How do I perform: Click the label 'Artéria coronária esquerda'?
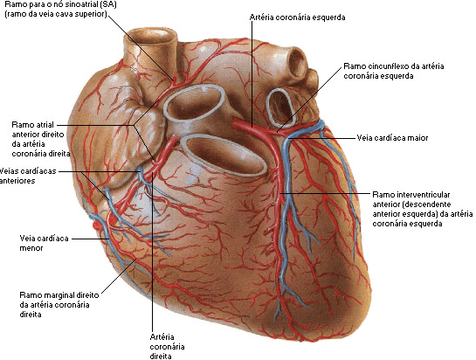297,17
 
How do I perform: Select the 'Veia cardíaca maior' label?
392,138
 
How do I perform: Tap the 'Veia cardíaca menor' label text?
44,243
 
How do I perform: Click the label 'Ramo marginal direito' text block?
59,305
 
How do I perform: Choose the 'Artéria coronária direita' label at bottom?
167,347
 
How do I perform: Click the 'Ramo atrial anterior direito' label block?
41,139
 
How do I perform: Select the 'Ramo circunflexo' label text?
394,71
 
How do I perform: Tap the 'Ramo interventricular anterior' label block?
422,209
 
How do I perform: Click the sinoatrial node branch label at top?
61,9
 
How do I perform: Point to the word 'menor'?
31,248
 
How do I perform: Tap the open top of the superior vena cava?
152,38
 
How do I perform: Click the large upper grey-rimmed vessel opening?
195,103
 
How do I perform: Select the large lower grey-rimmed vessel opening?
224,156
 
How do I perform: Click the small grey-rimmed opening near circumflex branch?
281,107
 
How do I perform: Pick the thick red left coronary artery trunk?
251,127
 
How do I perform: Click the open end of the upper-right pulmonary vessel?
297,63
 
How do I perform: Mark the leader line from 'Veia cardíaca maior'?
322,138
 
